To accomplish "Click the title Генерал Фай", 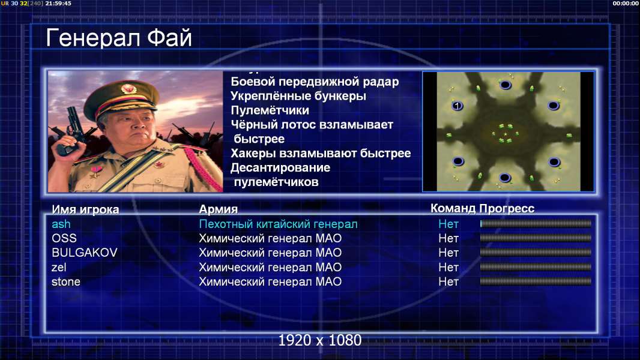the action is (x=119, y=38).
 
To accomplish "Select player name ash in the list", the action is (x=61, y=224).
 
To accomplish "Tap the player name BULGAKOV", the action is (x=85, y=253).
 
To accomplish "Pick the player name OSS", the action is (x=64, y=238).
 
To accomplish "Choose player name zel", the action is (x=59, y=268).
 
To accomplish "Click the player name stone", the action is (x=65, y=282).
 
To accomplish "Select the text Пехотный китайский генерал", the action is (x=279, y=224).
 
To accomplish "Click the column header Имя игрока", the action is (x=85, y=209).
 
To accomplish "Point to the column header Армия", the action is (x=219, y=209).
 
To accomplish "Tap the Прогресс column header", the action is (x=507, y=209).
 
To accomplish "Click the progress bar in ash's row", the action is (x=536, y=223).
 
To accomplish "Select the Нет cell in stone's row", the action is (x=448, y=282).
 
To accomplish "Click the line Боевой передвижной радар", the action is (x=315, y=82).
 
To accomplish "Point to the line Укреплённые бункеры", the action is (x=298, y=96).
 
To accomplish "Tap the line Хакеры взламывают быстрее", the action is (x=321, y=153).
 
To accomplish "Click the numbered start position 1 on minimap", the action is (x=457, y=106).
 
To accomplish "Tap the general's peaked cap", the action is (x=121, y=98).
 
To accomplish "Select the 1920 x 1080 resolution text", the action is (x=320, y=340).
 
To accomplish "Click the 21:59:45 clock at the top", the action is (x=58, y=3).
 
